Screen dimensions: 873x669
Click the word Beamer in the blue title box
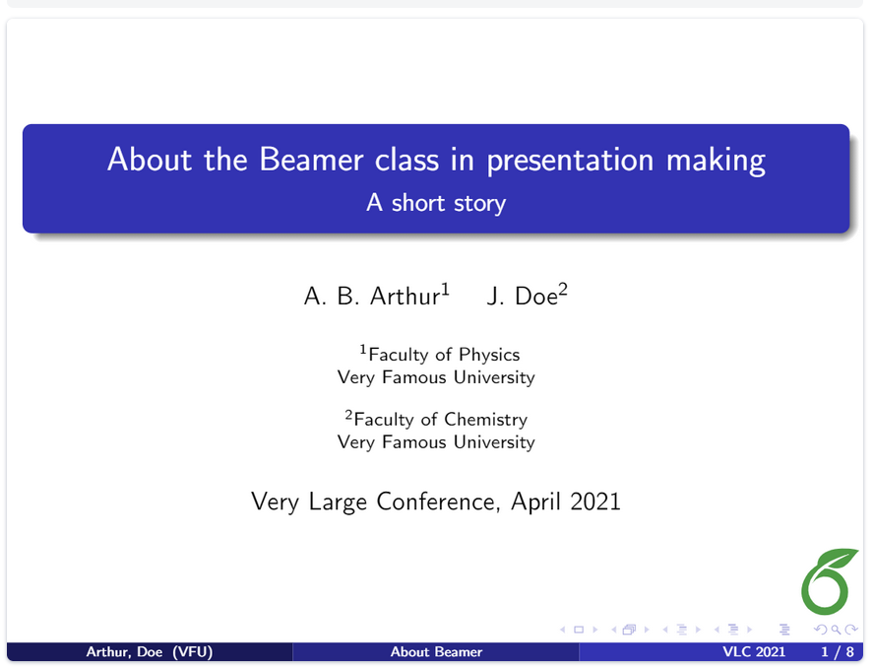[x=311, y=160]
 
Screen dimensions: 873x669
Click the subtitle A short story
[x=436, y=203]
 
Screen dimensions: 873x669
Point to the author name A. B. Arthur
[x=372, y=296]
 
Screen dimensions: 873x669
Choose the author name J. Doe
[x=523, y=296]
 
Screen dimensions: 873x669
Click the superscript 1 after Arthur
[x=445, y=289]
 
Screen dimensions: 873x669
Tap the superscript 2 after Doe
[x=563, y=289]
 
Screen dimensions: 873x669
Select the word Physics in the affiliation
[x=489, y=355]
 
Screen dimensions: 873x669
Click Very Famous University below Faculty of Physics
[x=436, y=377]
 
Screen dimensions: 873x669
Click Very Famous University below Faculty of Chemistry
[x=436, y=442]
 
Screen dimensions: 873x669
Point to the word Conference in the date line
[x=436, y=502]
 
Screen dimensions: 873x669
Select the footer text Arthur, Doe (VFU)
[x=150, y=651]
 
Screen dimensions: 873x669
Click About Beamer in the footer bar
[x=436, y=651]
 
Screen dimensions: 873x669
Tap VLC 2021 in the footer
[x=754, y=651]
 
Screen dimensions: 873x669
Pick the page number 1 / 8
[x=838, y=651]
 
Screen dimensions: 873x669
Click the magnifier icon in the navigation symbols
[x=836, y=630]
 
